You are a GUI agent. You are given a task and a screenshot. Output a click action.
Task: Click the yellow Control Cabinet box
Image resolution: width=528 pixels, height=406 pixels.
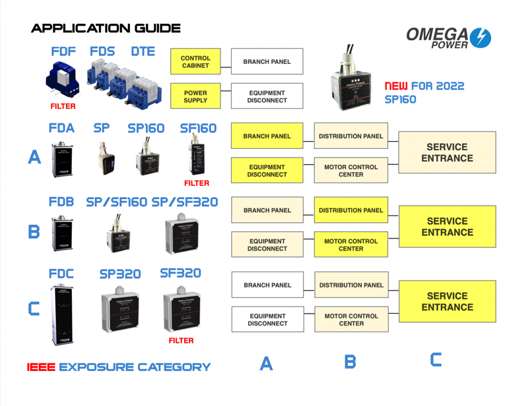[x=195, y=62]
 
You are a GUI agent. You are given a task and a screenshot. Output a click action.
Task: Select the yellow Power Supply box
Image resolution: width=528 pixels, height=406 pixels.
[x=195, y=97]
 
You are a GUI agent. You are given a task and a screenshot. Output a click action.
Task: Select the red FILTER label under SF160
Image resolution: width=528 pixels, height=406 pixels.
[x=197, y=183]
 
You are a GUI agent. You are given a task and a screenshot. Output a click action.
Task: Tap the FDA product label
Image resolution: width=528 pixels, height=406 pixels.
[x=61, y=129]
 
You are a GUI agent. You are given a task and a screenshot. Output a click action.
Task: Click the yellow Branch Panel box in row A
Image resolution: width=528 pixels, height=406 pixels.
[x=267, y=136]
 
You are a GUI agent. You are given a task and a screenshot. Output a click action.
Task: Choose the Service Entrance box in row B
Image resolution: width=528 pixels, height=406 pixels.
[x=447, y=227]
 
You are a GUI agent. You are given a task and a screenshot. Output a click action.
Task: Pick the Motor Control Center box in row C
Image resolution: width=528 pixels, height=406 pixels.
[x=351, y=320]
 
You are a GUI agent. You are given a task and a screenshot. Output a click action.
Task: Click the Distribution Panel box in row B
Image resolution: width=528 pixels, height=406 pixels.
[x=351, y=211]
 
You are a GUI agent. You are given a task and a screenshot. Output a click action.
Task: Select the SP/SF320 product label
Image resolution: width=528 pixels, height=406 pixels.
[x=185, y=202]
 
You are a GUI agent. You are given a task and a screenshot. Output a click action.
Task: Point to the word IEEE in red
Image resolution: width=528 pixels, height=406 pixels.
[x=41, y=367]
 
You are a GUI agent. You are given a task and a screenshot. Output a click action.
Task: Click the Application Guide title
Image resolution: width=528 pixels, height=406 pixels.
[x=106, y=28]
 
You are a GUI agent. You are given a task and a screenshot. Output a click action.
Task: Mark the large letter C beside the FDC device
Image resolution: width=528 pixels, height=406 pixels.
[x=33, y=309]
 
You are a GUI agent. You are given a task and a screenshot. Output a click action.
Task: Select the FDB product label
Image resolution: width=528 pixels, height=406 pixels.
[x=61, y=202]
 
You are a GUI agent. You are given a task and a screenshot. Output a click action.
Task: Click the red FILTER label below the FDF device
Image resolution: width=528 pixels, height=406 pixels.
[x=63, y=106]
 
